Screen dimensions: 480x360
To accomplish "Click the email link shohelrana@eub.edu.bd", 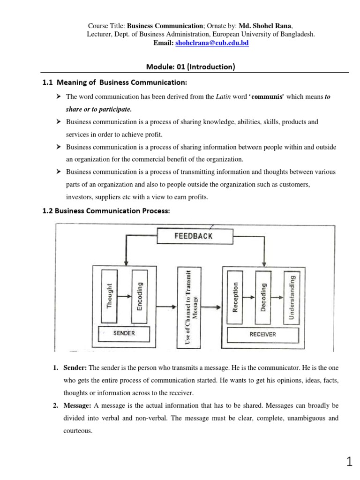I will point(211,43).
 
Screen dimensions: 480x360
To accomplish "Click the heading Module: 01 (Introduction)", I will point(190,67).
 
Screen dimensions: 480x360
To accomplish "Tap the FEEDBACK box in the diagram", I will point(193,236).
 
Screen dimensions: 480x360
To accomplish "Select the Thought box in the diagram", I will point(109,296).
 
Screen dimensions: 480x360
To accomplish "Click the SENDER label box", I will point(124,333).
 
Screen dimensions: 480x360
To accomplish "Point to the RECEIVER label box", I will point(262,334).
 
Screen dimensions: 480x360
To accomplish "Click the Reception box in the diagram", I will point(235,296).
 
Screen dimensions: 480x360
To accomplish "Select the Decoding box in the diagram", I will point(263,296).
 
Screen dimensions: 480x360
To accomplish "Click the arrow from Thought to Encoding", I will point(124,296).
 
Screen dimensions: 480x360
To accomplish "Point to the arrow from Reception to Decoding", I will point(249,296).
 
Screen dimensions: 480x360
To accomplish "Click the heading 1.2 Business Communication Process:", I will point(106,210).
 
